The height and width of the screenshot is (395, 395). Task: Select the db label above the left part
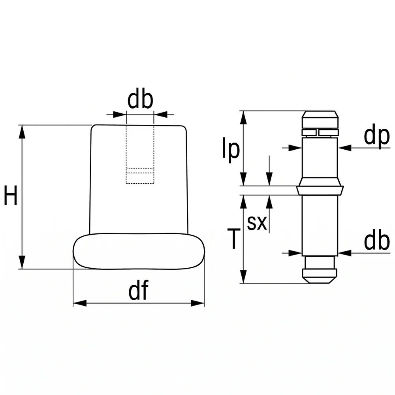(x=140, y=100)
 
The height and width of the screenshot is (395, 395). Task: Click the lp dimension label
(x=231, y=150)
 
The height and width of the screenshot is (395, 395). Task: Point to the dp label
(x=377, y=136)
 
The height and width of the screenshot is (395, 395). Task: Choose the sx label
(x=257, y=223)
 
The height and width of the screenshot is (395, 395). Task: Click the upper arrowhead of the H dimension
(x=22, y=132)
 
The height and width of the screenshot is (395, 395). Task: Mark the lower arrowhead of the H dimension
(x=22, y=262)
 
